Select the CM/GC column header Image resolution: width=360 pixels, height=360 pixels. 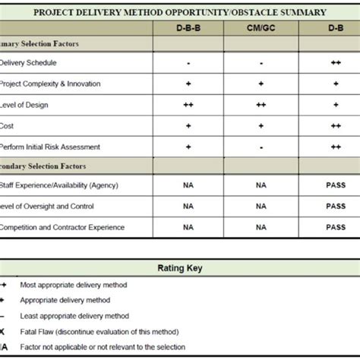[x=261, y=27]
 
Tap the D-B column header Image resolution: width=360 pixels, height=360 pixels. [x=335, y=27]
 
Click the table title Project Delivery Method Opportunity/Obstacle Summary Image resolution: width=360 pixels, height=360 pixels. [x=180, y=11]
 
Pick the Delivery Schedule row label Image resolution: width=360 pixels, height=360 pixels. [x=29, y=62]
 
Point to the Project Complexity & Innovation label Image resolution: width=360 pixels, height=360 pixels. [x=51, y=83]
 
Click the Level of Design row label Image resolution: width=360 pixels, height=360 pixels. [x=27, y=104]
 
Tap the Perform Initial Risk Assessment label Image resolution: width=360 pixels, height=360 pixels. [x=50, y=146]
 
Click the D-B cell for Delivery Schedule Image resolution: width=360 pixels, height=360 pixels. [x=335, y=62]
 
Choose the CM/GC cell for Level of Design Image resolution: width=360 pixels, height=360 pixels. [x=261, y=104]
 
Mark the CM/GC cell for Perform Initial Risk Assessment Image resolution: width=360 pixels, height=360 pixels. [x=261, y=146]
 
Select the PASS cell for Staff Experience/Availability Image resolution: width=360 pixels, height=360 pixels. [x=335, y=185]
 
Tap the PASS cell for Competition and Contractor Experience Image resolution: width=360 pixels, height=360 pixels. [x=335, y=226]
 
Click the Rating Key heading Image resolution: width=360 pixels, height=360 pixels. [x=180, y=267]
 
